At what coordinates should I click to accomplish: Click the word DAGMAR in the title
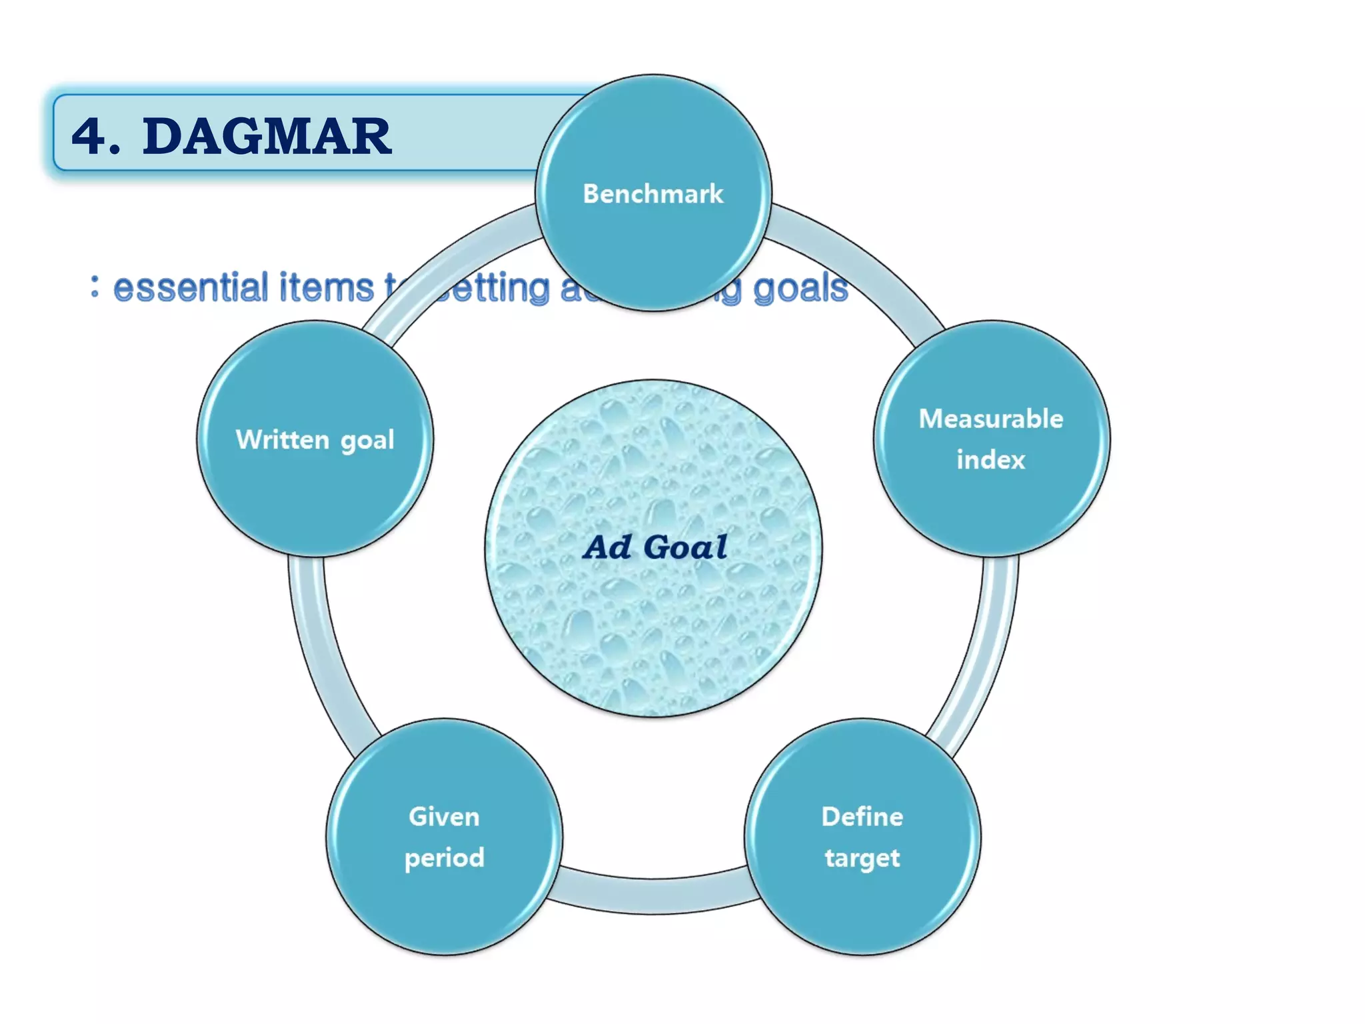267,137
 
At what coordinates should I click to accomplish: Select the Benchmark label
653,194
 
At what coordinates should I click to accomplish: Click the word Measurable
990,419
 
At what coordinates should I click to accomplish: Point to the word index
990,460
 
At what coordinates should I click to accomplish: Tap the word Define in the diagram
862,817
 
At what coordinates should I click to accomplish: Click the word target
862,858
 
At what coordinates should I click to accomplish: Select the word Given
444,817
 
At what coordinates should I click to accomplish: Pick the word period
444,858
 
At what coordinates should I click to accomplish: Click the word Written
283,440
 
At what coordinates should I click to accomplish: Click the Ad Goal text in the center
655,547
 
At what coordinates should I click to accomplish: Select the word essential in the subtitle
190,288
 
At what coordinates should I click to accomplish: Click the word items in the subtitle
327,288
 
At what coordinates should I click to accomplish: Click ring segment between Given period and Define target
653,895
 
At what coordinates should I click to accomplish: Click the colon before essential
95,287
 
